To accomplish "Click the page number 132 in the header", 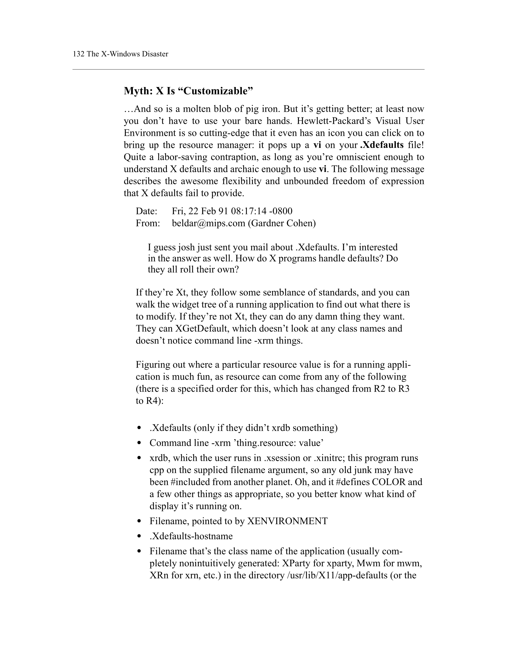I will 78,54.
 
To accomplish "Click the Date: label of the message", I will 146,211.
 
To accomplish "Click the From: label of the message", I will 148,223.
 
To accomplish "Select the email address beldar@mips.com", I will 208,223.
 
